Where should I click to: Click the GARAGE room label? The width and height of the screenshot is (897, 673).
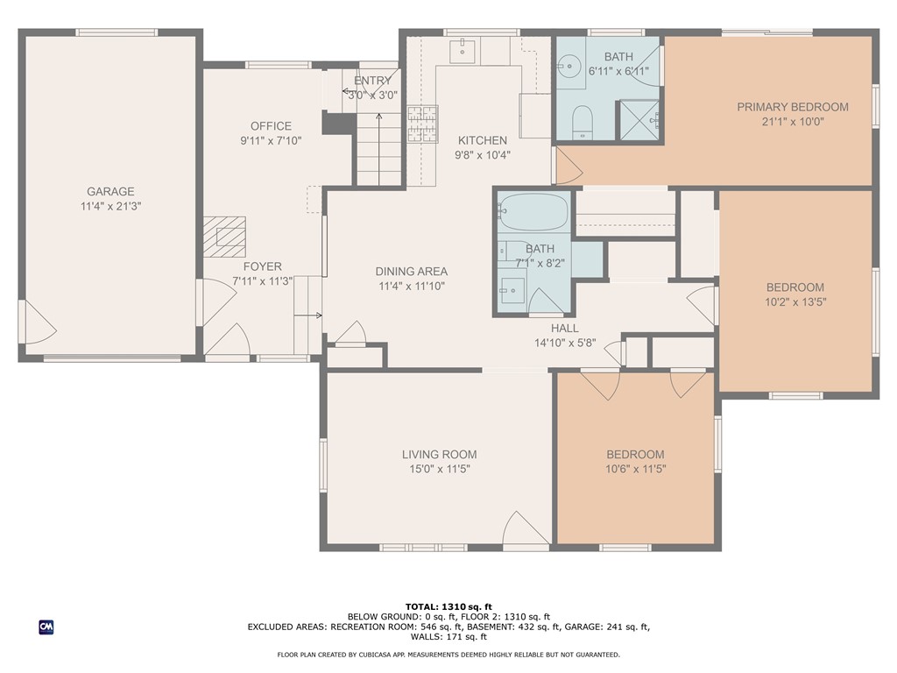pos(110,191)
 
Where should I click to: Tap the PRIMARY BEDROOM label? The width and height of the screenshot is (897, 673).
pos(792,106)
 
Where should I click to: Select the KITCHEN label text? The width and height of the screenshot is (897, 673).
pos(483,140)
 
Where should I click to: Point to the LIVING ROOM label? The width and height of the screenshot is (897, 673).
pos(440,455)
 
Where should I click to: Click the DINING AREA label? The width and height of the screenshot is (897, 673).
pos(412,272)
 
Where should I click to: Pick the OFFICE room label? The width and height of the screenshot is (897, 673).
pos(271,126)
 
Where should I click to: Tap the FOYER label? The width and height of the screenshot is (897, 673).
pos(263,266)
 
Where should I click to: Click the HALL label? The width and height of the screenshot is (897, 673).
pos(565,328)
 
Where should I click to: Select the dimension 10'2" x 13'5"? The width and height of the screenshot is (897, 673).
pos(795,301)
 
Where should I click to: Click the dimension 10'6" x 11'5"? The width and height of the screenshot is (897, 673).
pos(636,469)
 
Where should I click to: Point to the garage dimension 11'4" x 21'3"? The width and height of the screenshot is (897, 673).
pos(110,206)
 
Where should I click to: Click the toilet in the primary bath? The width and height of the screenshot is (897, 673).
pos(583,122)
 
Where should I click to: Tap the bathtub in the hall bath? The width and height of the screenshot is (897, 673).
pos(533,212)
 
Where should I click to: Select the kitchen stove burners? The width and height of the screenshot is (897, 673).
pos(423,124)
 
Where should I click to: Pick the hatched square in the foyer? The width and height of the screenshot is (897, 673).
pos(224,237)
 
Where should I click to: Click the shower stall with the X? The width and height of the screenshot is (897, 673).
pos(639,120)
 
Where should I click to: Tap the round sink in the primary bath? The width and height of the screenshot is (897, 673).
pos(569,67)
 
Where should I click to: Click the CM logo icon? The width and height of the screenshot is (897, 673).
pos(46,627)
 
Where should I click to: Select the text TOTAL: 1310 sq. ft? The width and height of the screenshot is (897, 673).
pos(448,606)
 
